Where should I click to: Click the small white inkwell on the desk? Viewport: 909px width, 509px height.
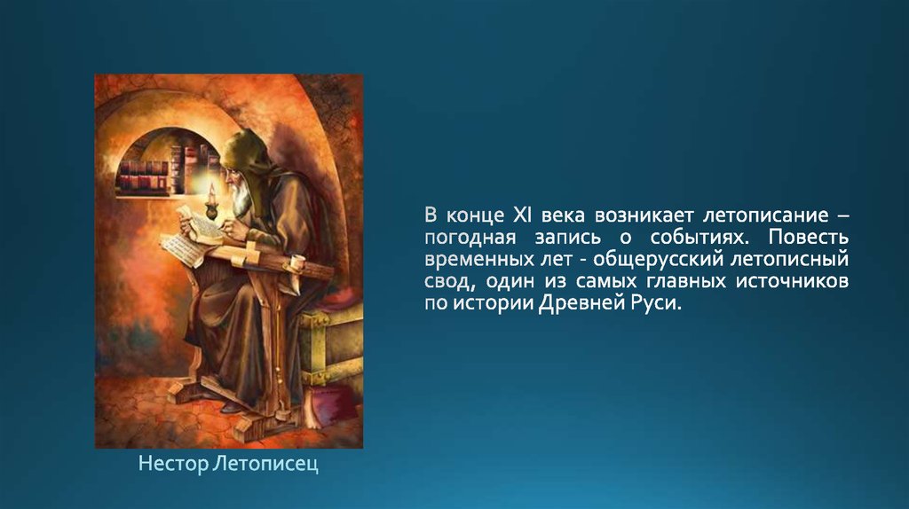[x=298, y=262]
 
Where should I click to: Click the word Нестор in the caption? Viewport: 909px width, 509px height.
[x=173, y=464]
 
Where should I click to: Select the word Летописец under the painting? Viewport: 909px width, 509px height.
[x=265, y=464]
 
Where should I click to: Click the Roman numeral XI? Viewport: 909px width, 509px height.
[x=522, y=215]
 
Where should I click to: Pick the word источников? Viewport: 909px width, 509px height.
[x=793, y=281]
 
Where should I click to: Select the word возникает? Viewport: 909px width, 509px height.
[x=642, y=215]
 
